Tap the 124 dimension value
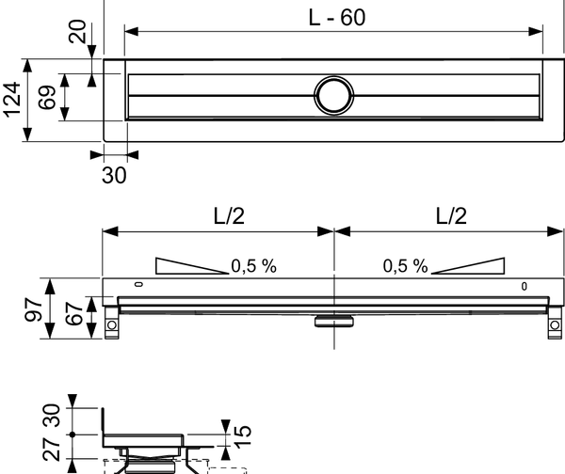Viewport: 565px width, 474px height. click(x=12, y=98)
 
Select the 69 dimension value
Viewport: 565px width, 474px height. click(x=43, y=97)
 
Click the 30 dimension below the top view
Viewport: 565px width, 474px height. click(x=113, y=176)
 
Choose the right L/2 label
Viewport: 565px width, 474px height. click(x=450, y=215)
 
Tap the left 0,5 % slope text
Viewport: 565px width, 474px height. click(x=254, y=266)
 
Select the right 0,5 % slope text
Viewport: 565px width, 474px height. click(x=405, y=266)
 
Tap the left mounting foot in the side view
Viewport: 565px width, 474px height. click(x=112, y=325)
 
